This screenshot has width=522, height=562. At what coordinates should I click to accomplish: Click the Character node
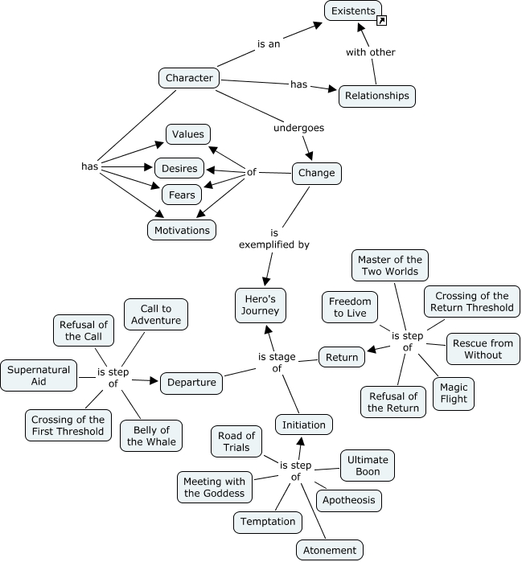189,78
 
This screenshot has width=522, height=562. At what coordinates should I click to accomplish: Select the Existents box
352,10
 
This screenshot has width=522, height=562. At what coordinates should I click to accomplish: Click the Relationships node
376,96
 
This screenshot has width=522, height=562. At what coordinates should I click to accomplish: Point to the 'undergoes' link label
298,127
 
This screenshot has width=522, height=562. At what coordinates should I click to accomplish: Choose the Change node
316,173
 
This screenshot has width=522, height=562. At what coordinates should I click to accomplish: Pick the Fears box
183,195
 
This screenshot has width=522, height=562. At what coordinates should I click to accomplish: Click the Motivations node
183,230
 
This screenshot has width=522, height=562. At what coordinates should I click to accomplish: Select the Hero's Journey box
261,306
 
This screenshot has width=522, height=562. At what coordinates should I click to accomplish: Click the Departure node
191,383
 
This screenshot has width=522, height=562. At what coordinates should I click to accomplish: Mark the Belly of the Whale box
151,435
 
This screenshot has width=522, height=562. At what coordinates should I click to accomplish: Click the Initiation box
304,425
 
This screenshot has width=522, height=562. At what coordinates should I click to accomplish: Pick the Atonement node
329,551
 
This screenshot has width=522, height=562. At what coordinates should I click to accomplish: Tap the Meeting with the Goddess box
214,487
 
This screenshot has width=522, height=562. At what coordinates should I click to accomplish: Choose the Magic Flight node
454,393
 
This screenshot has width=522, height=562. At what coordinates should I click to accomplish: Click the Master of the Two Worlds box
389,265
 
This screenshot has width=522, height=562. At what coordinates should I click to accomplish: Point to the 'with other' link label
370,52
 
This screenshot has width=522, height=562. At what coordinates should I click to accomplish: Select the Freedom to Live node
349,307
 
